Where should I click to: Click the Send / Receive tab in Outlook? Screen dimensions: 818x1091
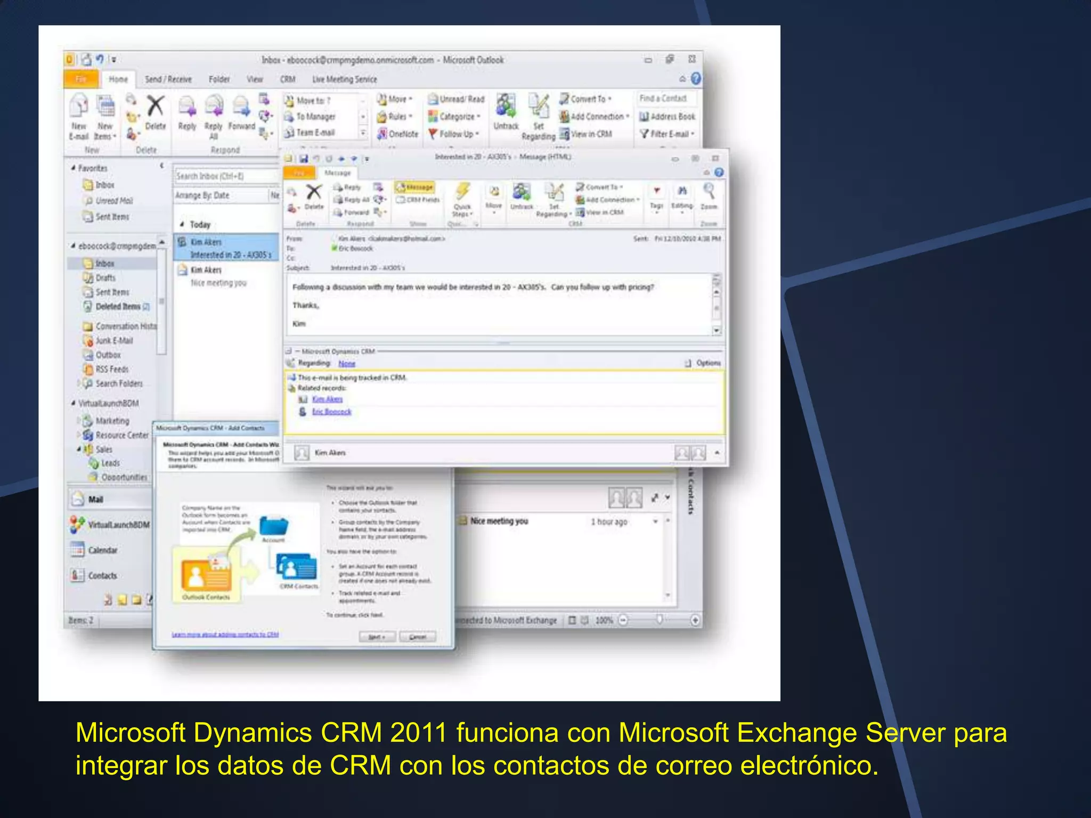(x=168, y=79)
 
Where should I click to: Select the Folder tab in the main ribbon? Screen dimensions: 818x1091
(x=219, y=79)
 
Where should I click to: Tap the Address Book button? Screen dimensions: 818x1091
(x=667, y=117)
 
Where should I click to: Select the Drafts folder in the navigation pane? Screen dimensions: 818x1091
(x=105, y=278)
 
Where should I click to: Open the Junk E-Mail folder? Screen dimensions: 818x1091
(x=113, y=341)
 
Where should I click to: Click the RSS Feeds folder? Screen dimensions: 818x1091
(x=111, y=369)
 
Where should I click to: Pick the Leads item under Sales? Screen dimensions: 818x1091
(x=110, y=463)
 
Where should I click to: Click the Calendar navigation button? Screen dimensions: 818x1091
(x=102, y=550)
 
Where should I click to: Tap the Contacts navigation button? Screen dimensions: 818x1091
(x=102, y=576)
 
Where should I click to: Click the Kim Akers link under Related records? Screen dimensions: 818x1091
(x=327, y=399)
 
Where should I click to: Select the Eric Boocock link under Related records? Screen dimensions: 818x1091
(x=331, y=412)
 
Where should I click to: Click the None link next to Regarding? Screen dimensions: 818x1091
(x=347, y=363)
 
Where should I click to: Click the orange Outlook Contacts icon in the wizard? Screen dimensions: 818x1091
(x=206, y=575)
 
